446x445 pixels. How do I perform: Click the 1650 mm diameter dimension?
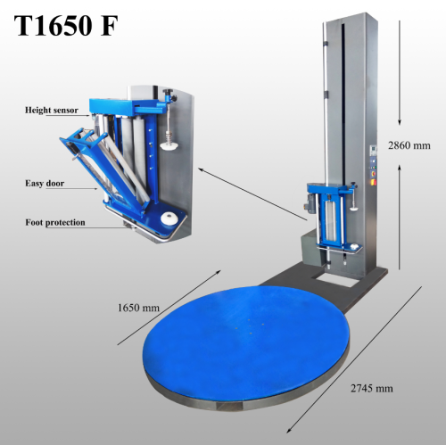point(138,309)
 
